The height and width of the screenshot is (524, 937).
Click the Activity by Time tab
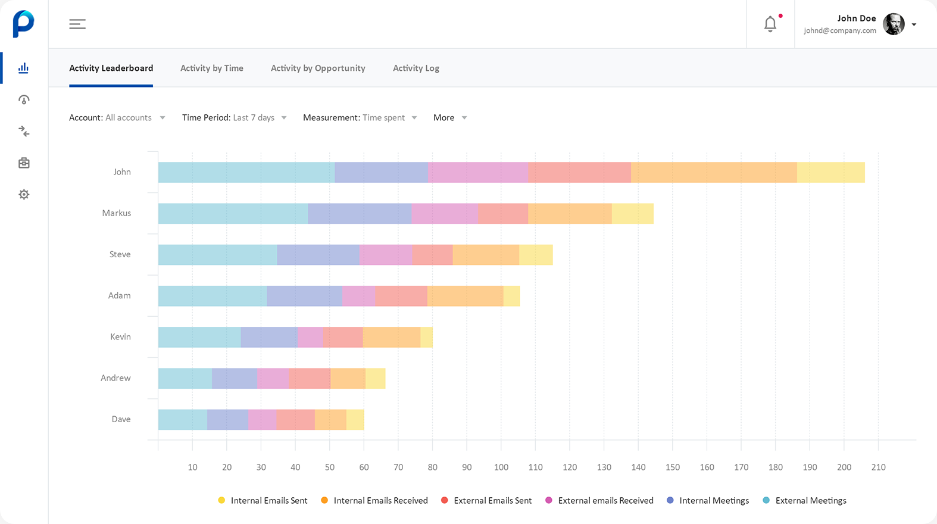click(x=211, y=68)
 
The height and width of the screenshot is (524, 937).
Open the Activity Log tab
click(x=416, y=68)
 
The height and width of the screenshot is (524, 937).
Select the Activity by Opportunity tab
click(x=318, y=68)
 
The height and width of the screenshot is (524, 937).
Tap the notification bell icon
click(x=770, y=24)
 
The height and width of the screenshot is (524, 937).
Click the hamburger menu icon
click(x=77, y=24)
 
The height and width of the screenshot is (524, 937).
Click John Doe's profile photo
click(x=893, y=24)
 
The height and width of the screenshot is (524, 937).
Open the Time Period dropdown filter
click(x=234, y=118)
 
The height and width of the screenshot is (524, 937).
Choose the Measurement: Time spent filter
click(x=360, y=118)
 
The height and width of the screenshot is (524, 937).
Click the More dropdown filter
click(x=449, y=118)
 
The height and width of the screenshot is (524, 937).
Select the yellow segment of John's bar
click(x=830, y=172)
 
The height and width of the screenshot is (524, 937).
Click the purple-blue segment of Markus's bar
click(x=360, y=213)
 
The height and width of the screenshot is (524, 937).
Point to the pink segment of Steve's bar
click(x=386, y=254)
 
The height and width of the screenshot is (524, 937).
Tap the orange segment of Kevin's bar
click(x=391, y=337)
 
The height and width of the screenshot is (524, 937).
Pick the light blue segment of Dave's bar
click(x=182, y=419)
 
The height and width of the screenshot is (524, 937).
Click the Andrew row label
click(x=115, y=378)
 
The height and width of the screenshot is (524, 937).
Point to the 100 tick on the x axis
click(x=501, y=467)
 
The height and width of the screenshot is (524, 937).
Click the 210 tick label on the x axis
click(x=878, y=467)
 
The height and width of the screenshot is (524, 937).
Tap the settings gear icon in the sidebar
click(x=24, y=194)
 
